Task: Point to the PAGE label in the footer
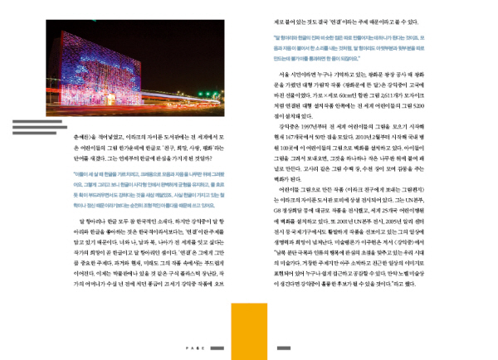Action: click(x=194, y=348)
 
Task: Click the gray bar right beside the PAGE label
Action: click(x=218, y=348)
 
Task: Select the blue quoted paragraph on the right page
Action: click(x=364, y=48)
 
